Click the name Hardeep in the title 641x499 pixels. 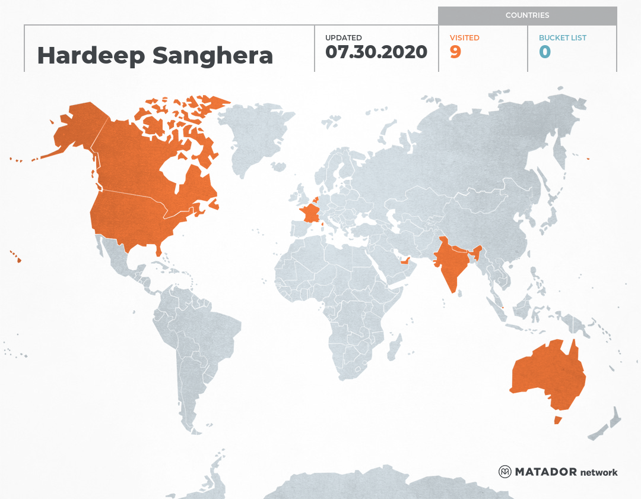tap(91, 55)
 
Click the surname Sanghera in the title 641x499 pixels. tap(212, 55)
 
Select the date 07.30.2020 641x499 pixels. tap(376, 52)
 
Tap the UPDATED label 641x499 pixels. tap(343, 37)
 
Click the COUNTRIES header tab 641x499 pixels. tap(527, 15)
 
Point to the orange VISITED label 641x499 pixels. tap(465, 37)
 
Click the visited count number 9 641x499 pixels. tap(455, 52)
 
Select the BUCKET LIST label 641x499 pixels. tap(562, 37)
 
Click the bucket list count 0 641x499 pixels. tap(545, 52)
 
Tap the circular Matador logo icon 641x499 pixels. tap(504, 472)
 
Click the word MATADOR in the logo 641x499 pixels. tap(545, 472)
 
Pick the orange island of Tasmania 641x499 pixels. tap(557, 420)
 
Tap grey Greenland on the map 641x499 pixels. tap(249, 137)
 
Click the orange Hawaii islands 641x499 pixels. tap(18, 259)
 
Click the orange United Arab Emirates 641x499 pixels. tap(406, 260)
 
